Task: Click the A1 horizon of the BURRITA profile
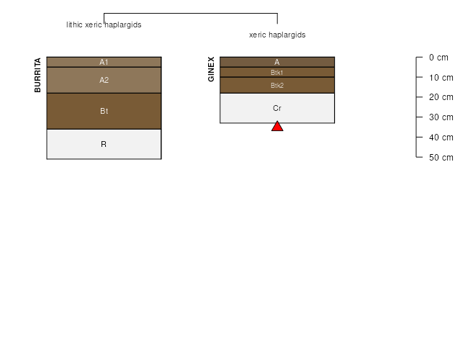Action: [x=104, y=62]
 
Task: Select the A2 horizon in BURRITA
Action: [x=104, y=80]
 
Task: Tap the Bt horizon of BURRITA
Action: [x=104, y=111]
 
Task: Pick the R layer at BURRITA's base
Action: [x=104, y=144]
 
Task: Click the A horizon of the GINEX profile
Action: [x=277, y=62]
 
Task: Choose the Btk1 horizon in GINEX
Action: [x=277, y=72]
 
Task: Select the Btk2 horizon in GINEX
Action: [x=277, y=86]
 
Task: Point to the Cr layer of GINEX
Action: [x=277, y=108]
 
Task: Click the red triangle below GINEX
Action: [x=277, y=127]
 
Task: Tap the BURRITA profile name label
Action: [x=37, y=75]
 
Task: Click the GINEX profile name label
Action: [x=211, y=69]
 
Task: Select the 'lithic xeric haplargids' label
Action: [x=104, y=24]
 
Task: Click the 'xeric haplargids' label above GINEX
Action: [x=277, y=35]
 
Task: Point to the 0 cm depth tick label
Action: [x=438, y=58]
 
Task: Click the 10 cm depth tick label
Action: [x=441, y=78]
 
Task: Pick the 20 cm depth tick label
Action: [x=441, y=97]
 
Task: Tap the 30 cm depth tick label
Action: [x=441, y=117]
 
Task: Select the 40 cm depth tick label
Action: [x=441, y=138]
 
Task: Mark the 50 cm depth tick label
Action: [x=441, y=157]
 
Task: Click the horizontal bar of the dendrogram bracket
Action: [x=191, y=13]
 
